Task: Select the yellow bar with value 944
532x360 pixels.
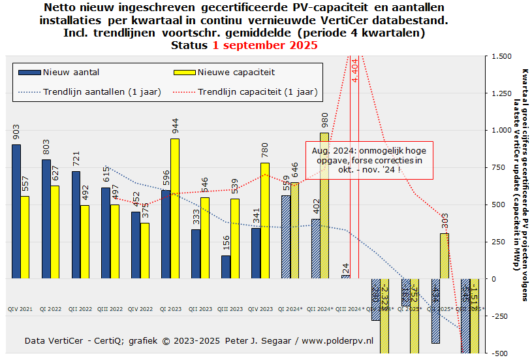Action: (175, 208)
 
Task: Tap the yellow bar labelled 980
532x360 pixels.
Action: (324, 205)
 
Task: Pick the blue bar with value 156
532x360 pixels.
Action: (226, 267)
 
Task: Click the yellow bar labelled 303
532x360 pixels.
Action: (444, 255)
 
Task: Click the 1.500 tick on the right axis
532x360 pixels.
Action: (502, 56)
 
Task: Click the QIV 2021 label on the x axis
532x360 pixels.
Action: (21, 308)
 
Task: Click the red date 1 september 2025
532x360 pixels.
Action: (265, 45)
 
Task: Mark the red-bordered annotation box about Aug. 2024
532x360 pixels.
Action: (369, 160)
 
